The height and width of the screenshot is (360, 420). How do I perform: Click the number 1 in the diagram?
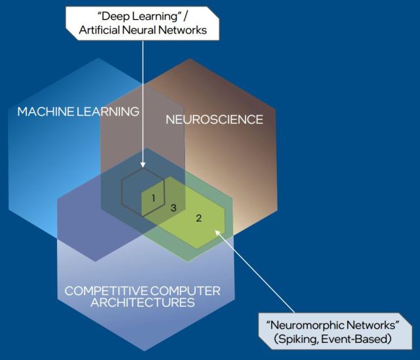153,197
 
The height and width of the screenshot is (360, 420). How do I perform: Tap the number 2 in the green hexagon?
199,218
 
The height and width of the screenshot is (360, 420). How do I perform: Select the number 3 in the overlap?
173,208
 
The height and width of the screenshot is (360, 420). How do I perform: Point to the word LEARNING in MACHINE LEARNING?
110,111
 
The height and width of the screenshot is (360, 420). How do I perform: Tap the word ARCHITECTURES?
143,303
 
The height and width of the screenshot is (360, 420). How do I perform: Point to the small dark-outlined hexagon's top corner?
143,168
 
